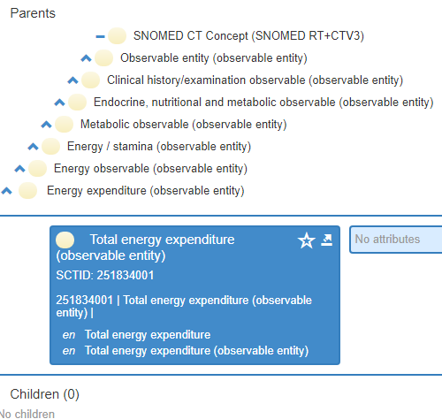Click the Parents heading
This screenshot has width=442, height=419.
(33, 13)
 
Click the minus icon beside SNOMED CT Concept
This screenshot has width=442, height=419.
(100, 36)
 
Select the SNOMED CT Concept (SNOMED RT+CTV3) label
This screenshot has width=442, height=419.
(248, 36)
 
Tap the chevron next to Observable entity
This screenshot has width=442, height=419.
(86, 58)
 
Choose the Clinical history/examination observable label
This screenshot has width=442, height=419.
(255, 80)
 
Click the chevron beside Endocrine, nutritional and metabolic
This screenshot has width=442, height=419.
(59, 103)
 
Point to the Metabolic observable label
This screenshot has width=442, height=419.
(184, 125)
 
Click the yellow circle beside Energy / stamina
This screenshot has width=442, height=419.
(50, 147)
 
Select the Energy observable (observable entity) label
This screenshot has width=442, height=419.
(150, 169)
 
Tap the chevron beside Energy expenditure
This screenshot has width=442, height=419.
(6, 191)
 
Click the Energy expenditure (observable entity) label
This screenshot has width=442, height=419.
(146, 191)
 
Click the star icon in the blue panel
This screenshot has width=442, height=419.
(307, 240)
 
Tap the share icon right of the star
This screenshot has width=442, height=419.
(327, 240)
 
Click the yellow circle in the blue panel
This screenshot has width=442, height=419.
(65, 240)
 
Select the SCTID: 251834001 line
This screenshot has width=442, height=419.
(105, 275)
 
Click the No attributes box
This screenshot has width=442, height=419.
(396, 240)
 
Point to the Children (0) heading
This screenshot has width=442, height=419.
(45, 394)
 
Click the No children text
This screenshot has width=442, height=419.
(27, 414)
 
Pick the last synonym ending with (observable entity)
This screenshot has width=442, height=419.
(197, 351)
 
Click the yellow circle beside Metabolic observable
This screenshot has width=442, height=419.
(64, 125)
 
